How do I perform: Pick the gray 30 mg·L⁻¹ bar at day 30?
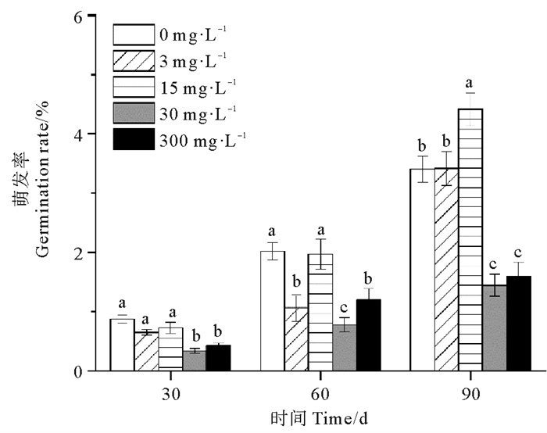point(194,360)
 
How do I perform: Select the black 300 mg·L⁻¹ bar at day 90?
point(519,324)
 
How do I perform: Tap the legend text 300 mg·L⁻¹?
point(202,141)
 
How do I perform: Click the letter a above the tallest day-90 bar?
point(470,83)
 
